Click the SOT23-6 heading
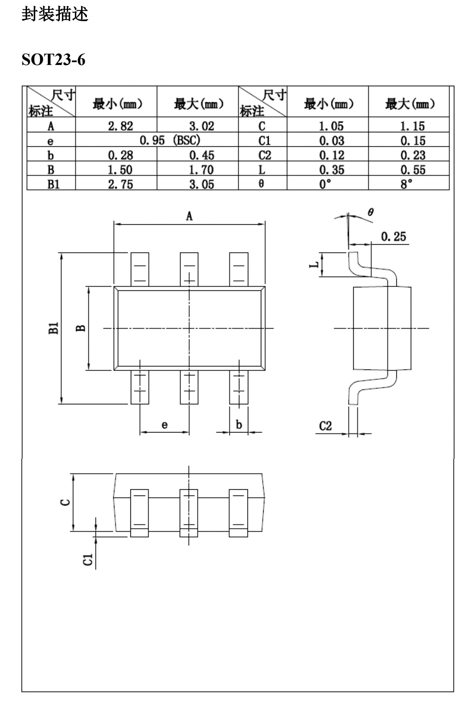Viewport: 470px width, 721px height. (x=53, y=60)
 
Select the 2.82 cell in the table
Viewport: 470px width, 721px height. (x=120, y=126)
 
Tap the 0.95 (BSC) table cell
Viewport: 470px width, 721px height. (x=170, y=140)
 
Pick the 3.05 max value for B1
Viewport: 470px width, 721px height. (x=202, y=184)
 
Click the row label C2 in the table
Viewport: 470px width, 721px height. (x=264, y=155)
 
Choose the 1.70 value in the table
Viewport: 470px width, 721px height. (x=202, y=170)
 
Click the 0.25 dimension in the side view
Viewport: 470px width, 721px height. (x=394, y=236)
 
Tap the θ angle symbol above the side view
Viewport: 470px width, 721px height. (x=371, y=212)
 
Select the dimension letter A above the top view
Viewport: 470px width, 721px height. (x=189, y=216)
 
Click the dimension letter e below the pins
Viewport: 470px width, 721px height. (x=164, y=425)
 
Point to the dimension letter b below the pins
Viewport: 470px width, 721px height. (x=239, y=424)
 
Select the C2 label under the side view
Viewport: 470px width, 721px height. (x=325, y=426)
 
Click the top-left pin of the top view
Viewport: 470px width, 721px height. (x=140, y=269)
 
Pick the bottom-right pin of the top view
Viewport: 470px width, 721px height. (x=239, y=387)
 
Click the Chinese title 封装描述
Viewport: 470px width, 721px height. (x=55, y=14)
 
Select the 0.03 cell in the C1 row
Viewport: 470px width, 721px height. (x=332, y=141)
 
